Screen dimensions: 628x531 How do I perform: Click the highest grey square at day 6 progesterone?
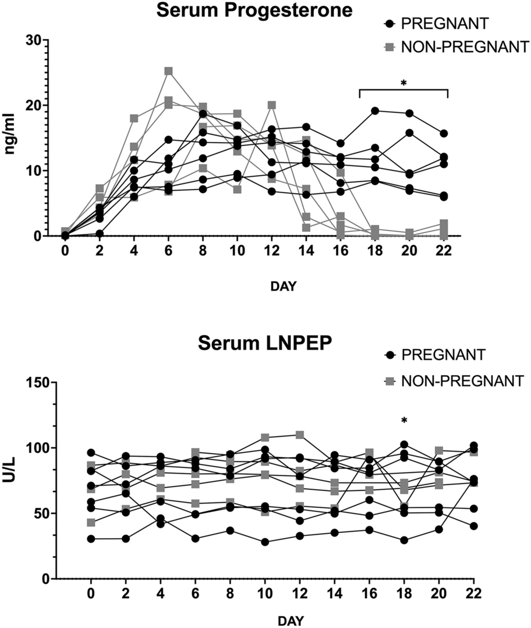point(168,71)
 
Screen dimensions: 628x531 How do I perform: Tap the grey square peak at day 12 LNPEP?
point(300,435)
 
